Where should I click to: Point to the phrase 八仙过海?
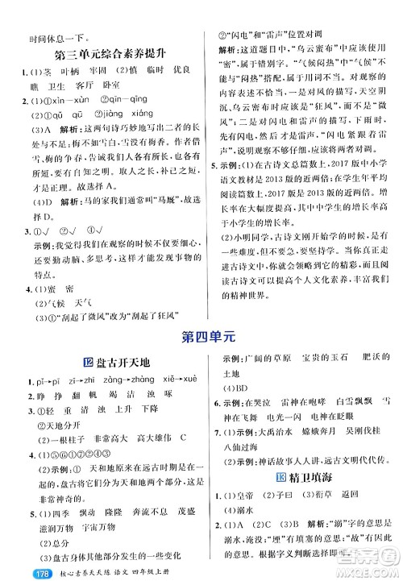tap(246, 448)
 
